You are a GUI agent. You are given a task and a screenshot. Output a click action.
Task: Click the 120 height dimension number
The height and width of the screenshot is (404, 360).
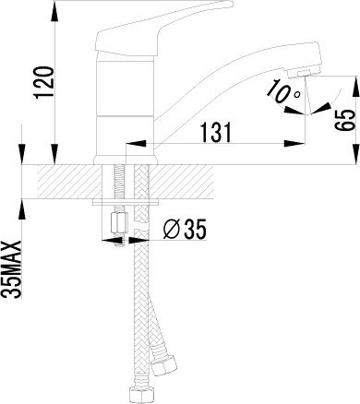[45, 82]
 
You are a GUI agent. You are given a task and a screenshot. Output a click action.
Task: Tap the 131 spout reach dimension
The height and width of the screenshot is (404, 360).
[216, 133]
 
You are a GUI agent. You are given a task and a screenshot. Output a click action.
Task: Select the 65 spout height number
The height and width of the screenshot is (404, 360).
[344, 120]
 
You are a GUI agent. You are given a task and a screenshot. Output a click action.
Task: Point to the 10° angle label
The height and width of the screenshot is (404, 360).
[283, 91]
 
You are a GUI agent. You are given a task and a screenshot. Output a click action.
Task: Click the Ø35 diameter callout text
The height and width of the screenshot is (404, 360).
[185, 229]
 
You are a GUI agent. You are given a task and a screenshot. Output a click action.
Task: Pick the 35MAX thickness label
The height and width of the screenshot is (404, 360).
[12, 269]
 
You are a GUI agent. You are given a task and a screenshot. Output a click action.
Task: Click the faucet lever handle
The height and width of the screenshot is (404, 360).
[163, 29]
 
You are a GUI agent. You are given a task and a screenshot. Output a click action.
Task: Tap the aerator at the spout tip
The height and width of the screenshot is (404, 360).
[303, 73]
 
